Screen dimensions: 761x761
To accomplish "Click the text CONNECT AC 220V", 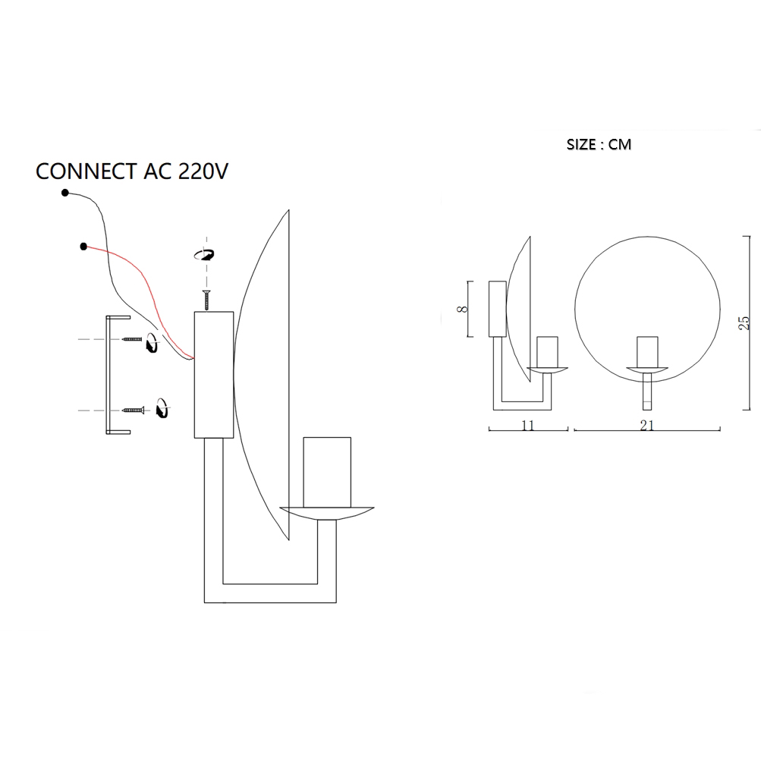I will coord(132,171).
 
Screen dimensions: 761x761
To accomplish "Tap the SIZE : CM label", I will coord(599,144).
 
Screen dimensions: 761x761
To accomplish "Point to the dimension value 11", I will coord(528,426).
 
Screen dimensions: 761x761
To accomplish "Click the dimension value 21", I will coord(646,426).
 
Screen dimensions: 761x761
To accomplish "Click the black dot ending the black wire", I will coord(65,193).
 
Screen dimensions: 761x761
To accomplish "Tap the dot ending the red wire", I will coord(83,245).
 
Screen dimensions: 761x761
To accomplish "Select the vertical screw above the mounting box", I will coord(205,300).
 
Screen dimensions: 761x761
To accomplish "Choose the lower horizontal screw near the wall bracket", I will coord(133,410).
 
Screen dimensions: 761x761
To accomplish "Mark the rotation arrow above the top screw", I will coord(204,255).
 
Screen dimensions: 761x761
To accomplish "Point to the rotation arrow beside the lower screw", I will coord(161,407).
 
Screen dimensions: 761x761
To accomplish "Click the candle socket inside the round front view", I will coord(647,351).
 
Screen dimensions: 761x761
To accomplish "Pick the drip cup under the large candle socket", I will coord(327,513).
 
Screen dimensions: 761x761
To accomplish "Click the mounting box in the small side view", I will coord(497,309).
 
